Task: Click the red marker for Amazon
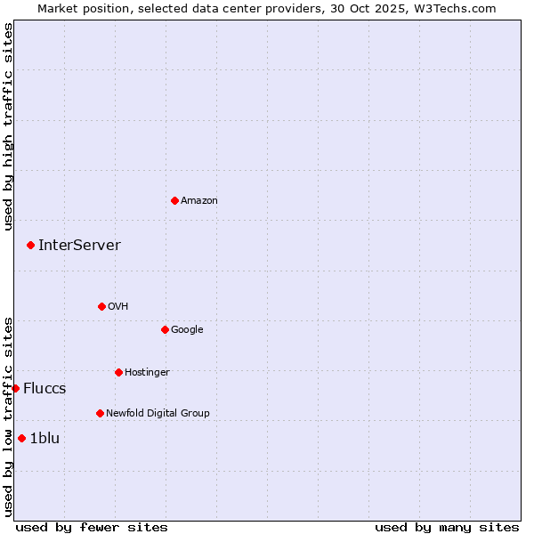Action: point(174,200)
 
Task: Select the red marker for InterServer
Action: point(30,245)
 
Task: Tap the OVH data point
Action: point(101,306)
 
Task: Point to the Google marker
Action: point(165,329)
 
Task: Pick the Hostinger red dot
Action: point(118,372)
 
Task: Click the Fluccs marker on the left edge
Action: point(15,388)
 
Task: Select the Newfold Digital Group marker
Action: point(100,413)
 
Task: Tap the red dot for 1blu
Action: point(21,438)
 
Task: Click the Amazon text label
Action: point(199,201)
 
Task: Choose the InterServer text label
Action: point(79,246)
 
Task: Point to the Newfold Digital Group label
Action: point(158,413)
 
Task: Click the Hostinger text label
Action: point(147,372)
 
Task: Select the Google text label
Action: point(187,329)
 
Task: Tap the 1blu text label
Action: point(44,438)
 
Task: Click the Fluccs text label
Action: point(44,389)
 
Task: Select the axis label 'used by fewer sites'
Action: point(92,527)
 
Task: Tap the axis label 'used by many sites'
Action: point(447,527)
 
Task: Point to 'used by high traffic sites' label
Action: point(9,126)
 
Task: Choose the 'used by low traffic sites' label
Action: point(9,417)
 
